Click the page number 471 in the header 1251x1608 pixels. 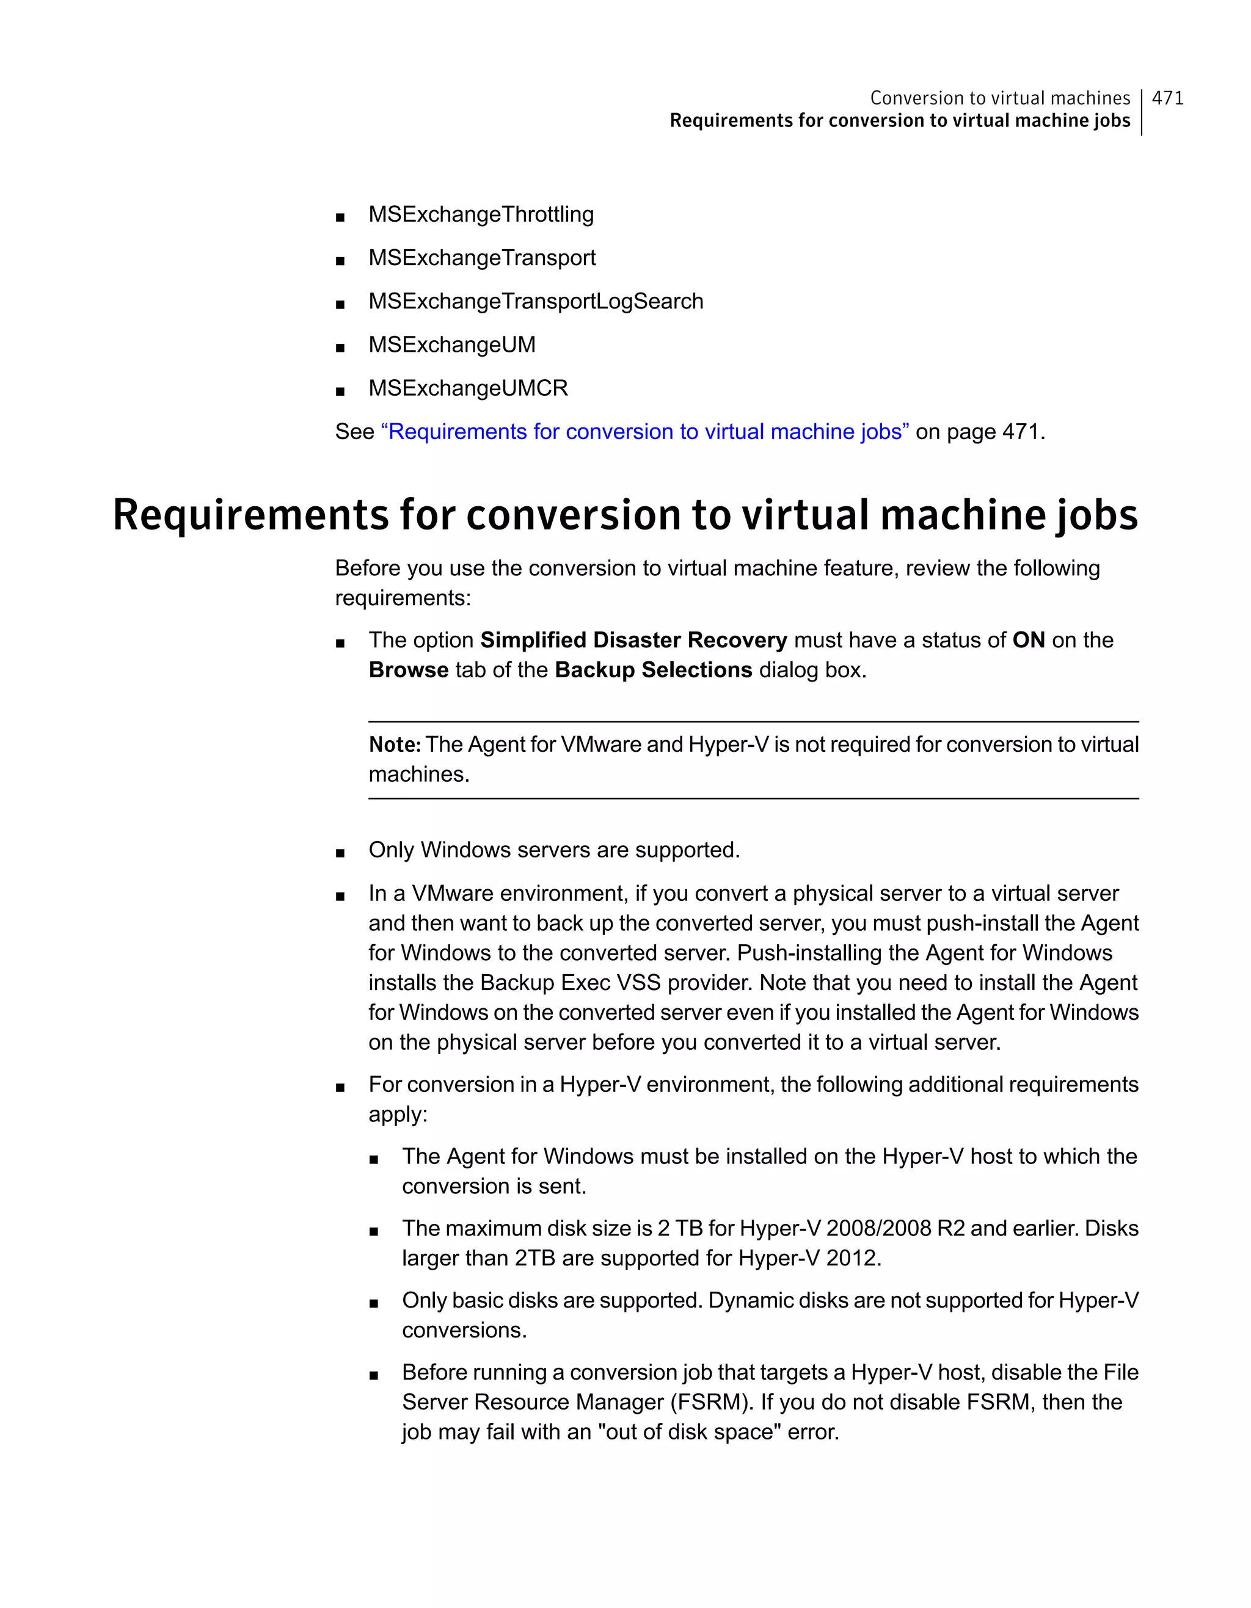pos(1167,98)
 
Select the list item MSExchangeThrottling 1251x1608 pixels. pos(481,214)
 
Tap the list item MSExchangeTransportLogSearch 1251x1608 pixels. pos(535,301)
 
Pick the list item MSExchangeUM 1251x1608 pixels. pos(451,344)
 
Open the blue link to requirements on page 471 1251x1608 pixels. pos(644,431)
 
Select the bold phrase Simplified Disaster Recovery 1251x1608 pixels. pos(633,640)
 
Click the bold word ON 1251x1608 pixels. pos(1028,640)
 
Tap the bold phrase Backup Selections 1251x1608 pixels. pos(653,670)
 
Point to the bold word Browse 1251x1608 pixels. pos(408,670)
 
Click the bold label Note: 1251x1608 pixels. pos(395,744)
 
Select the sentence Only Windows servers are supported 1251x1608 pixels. pos(553,849)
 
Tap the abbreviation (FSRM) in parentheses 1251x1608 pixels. pos(711,1402)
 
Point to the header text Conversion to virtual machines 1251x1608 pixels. pos(999,98)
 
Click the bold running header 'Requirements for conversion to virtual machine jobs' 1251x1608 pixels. pos(899,121)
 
